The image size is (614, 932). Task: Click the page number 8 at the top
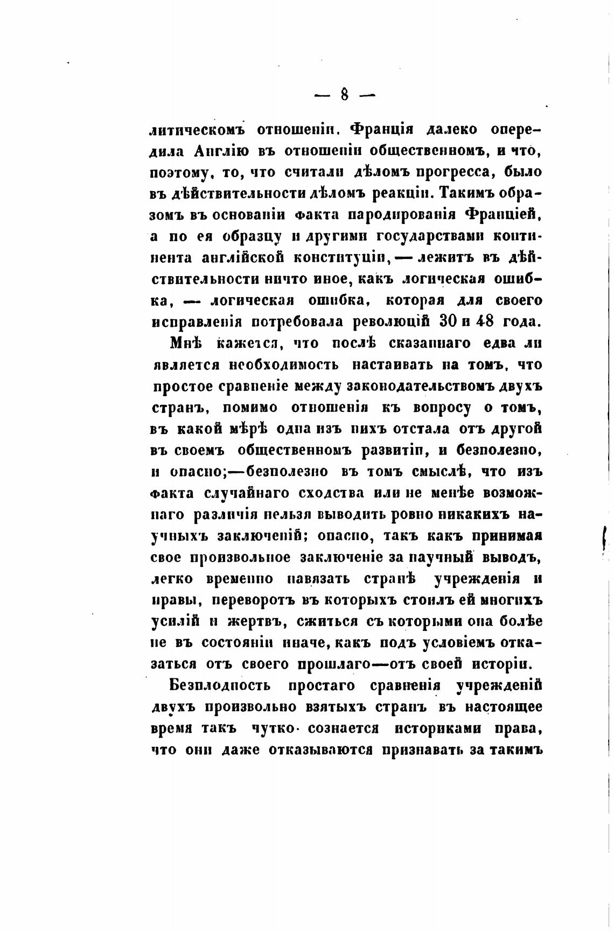click(345, 95)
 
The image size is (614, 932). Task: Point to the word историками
click(435, 728)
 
